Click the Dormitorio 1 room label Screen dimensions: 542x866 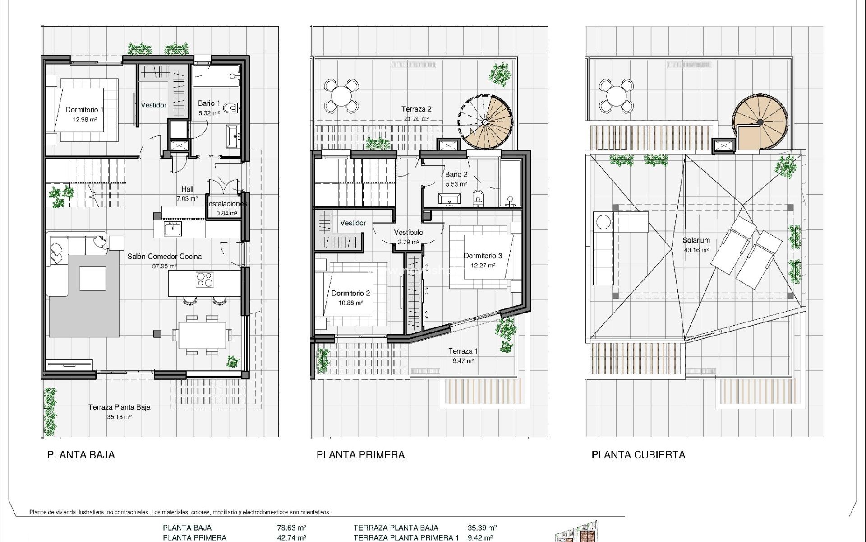pos(84,110)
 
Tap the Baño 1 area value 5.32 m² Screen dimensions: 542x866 pos(209,113)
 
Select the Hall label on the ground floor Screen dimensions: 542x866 pos(187,189)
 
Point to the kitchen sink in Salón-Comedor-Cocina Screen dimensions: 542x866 pos(172,229)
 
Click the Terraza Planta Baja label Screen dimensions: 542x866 pos(120,407)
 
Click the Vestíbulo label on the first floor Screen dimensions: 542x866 pos(408,232)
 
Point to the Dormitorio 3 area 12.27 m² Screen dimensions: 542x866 pos(483,266)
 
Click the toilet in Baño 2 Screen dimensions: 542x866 pos(478,198)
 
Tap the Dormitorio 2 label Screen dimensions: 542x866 pos(350,293)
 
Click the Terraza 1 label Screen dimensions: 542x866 pos(463,351)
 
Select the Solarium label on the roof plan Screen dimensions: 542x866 pos(696,240)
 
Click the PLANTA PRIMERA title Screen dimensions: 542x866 pos(360,455)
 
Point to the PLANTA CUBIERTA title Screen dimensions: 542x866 pos(638,455)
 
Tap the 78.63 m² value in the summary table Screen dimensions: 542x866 pos(291,528)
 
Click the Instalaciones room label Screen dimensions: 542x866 pos(227,204)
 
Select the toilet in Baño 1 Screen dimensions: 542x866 pos(231,107)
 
